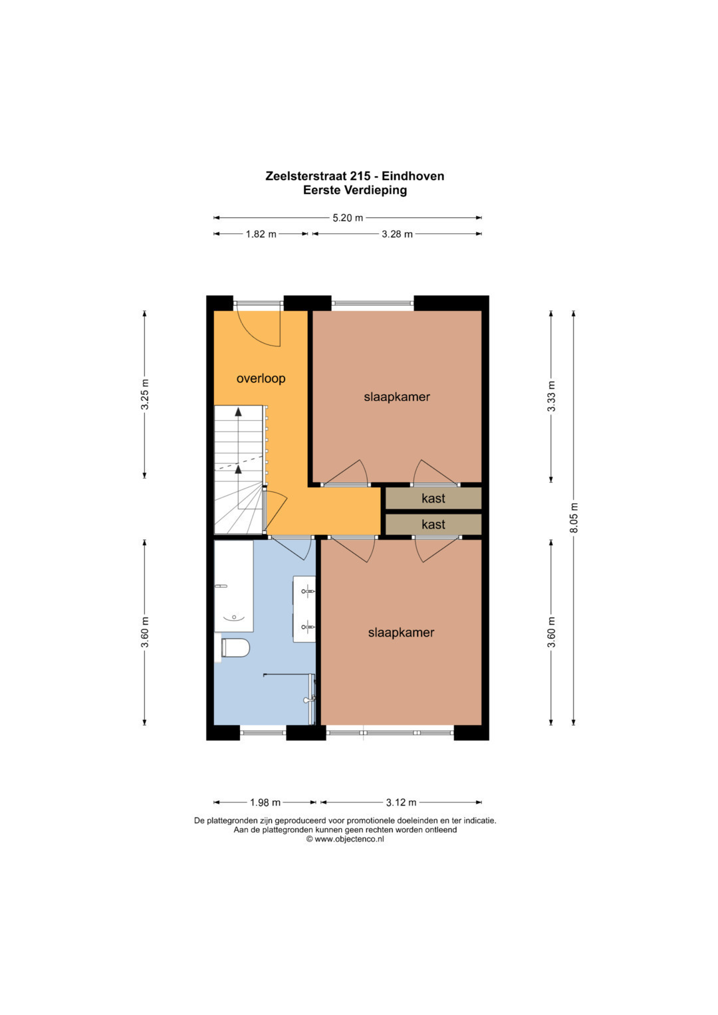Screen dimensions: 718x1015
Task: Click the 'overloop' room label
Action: [x=261, y=378]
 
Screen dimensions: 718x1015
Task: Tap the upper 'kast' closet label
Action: [x=433, y=499]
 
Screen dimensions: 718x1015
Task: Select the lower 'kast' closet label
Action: [x=433, y=524]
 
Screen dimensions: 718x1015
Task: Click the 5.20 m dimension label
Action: [x=348, y=218]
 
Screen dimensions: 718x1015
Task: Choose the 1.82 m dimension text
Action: [x=261, y=234]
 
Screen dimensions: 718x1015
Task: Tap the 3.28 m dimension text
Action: [x=397, y=234]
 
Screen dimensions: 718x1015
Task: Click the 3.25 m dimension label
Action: [x=145, y=394]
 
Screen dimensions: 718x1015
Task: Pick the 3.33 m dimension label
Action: [x=551, y=396]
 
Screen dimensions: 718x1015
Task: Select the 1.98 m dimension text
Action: [x=265, y=802]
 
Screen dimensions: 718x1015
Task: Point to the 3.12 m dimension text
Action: [x=401, y=802]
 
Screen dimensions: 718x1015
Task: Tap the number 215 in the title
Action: [x=361, y=175]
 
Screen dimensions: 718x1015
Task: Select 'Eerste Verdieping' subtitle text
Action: [x=355, y=190]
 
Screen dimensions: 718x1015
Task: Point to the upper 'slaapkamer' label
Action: [x=397, y=397]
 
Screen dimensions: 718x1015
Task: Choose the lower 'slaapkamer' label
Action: [x=401, y=633]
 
